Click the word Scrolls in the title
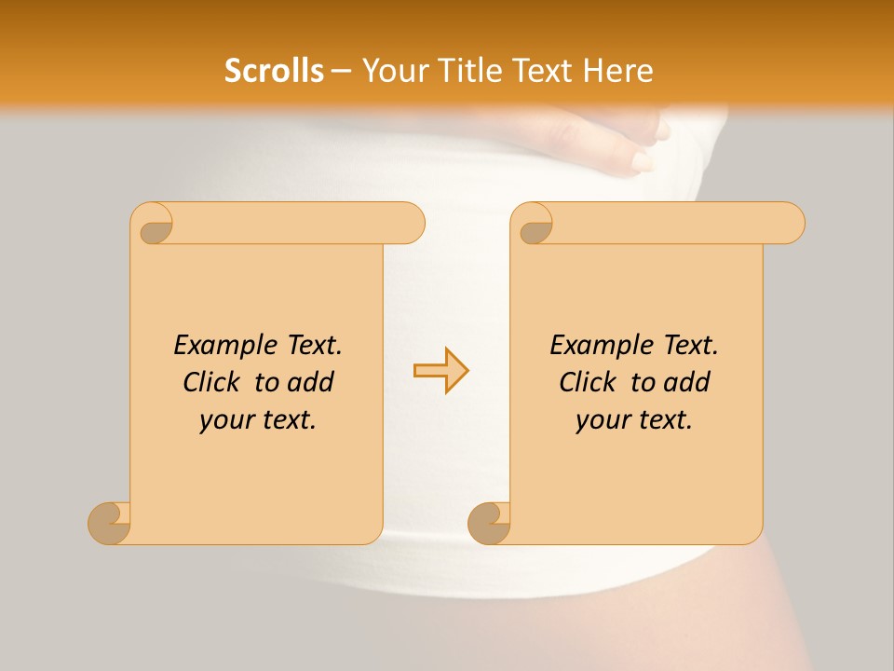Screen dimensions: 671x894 click(274, 71)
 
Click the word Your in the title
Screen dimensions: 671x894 click(391, 71)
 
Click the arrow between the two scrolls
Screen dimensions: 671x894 click(441, 371)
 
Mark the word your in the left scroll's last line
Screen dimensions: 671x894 click(224, 420)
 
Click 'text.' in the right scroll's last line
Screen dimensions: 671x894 click(664, 420)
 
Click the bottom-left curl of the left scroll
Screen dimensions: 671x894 click(110, 523)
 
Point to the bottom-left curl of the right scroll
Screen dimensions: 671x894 click(490, 523)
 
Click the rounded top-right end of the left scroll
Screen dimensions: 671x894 click(410, 223)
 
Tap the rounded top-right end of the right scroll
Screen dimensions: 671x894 click(790, 223)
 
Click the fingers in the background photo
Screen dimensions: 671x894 click(643, 149)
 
